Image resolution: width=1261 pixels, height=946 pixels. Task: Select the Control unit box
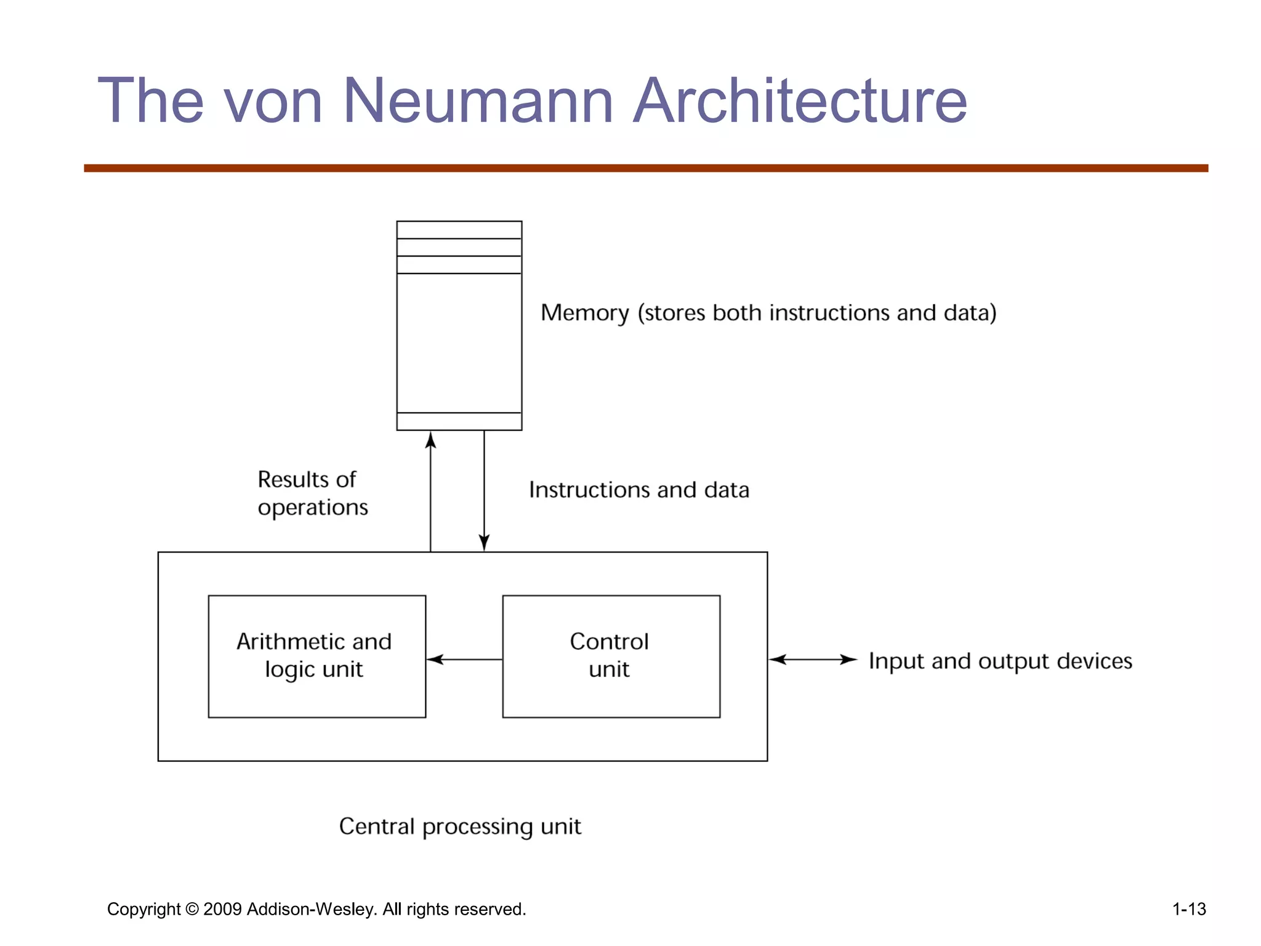click(x=611, y=656)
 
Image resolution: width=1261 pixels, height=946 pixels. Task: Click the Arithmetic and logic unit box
click(x=316, y=656)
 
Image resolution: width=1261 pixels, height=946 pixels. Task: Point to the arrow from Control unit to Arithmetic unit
click(x=464, y=660)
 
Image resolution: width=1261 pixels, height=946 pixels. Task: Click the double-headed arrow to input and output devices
click(x=813, y=660)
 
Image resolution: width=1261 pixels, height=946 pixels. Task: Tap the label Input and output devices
click(x=1000, y=661)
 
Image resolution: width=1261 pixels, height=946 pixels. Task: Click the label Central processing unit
click(x=460, y=827)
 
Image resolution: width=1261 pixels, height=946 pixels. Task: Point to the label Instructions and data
click(x=639, y=490)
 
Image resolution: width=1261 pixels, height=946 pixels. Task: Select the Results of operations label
click(x=312, y=493)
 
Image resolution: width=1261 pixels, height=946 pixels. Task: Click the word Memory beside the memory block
click(x=584, y=313)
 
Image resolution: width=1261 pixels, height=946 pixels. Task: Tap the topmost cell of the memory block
click(x=459, y=230)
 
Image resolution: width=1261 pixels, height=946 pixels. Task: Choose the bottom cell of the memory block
click(x=459, y=421)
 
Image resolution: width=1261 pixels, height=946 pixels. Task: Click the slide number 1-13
click(x=1188, y=909)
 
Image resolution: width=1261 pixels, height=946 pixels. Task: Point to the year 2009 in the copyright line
click(x=222, y=910)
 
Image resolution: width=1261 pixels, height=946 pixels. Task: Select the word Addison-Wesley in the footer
click(x=311, y=910)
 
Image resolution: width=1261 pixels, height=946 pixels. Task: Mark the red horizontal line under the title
click(x=646, y=168)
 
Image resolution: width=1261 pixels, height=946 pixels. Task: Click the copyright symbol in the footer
click(x=192, y=910)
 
